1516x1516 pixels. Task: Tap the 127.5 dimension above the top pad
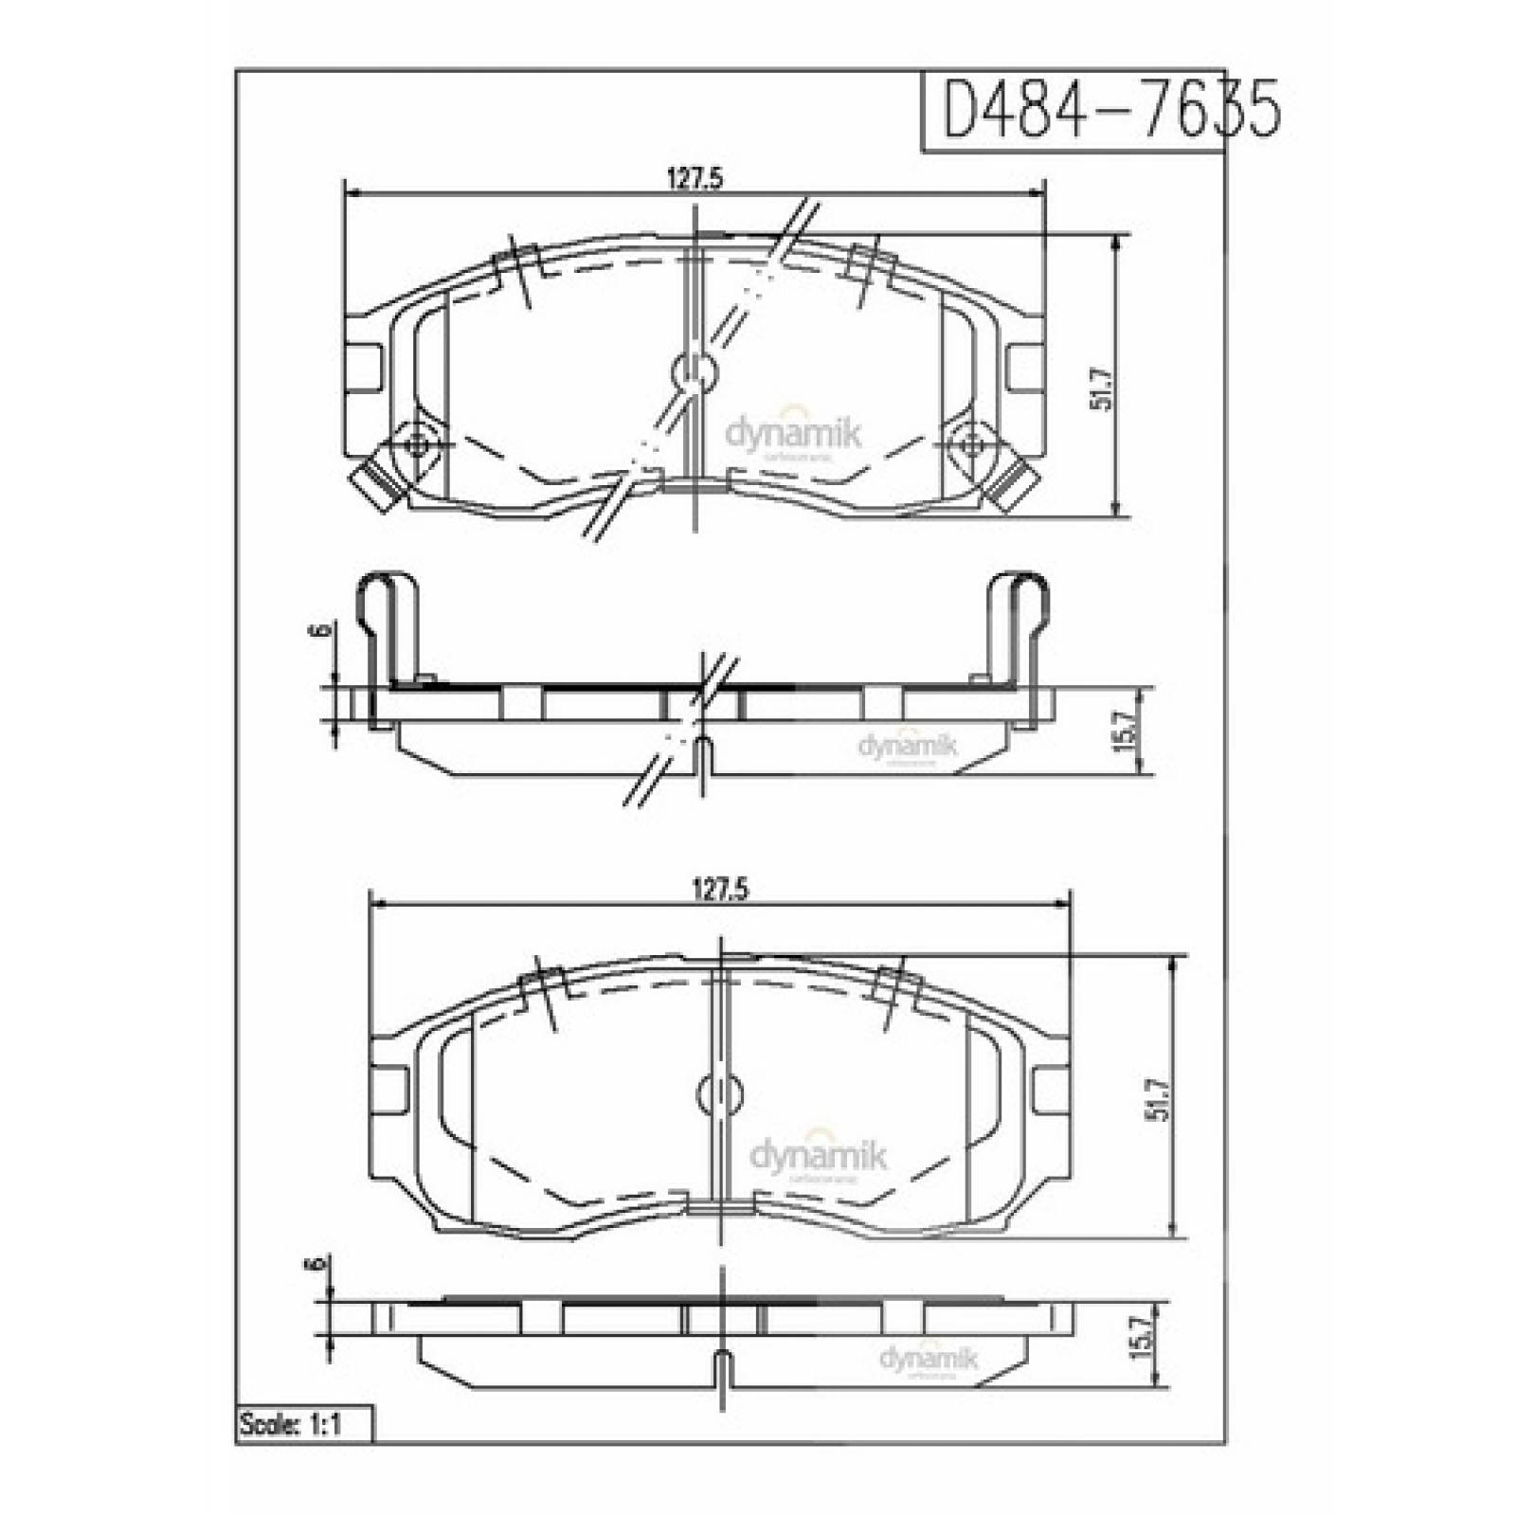point(696,179)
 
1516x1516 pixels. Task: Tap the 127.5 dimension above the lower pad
point(723,890)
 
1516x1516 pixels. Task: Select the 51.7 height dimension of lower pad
point(1157,1100)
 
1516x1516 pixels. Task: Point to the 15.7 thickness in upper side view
point(1125,731)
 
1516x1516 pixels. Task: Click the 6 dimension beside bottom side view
point(317,1265)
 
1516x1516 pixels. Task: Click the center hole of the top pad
point(695,372)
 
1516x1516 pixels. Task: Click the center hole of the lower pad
point(721,1093)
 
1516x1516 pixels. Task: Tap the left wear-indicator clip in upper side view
point(386,630)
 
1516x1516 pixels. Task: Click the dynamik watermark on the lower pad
point(819,1156)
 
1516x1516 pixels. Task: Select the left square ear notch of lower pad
point(389,1089)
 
